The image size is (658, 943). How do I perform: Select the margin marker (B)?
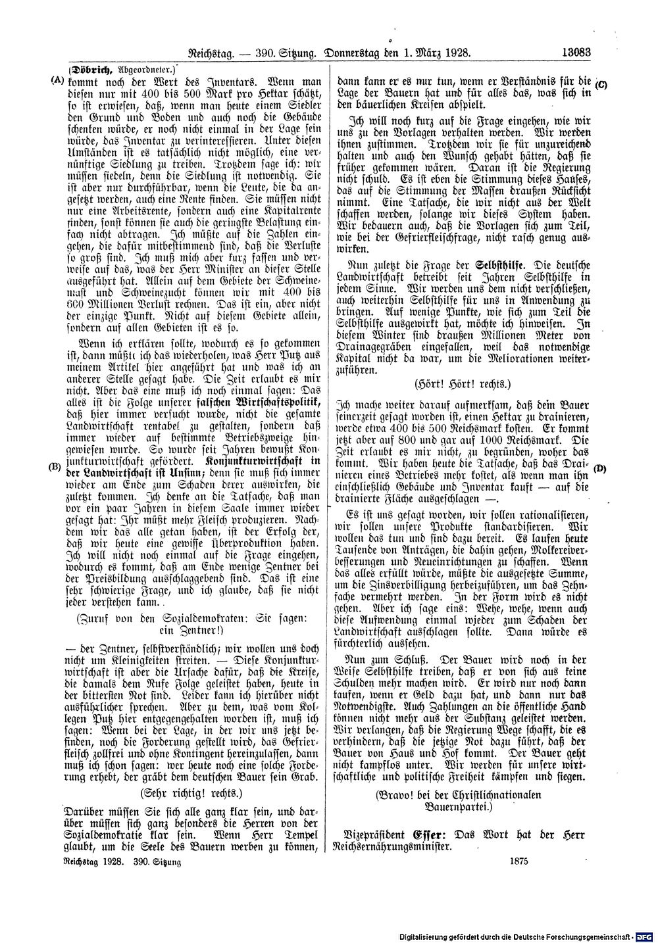pyautogui.click(x=55, y=468)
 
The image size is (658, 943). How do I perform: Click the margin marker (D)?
pyautogui.click(x=599, y=468)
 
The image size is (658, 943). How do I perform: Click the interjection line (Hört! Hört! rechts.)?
pyautogui.click(x=463, y=383)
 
